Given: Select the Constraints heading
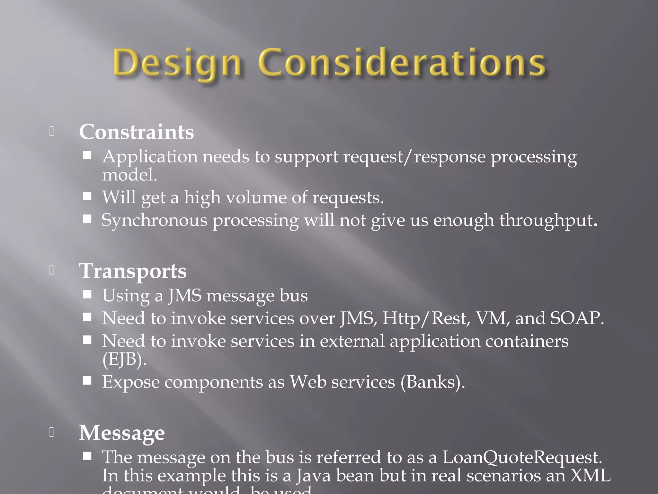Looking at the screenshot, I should click(137, 132).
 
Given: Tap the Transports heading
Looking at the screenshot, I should click(133, 271).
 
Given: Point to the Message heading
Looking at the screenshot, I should click(122, 433).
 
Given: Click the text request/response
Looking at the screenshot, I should click(414, 157).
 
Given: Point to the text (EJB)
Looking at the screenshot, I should click(124, 359).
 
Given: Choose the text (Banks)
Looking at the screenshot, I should click(433, 382).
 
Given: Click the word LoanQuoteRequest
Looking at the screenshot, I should click(522, 457).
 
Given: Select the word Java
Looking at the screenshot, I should click(313, 475).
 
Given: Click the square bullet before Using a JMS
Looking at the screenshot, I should click(87, 295).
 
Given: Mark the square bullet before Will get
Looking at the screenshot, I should click(87, 196).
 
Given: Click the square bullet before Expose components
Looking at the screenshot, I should click(87, 381).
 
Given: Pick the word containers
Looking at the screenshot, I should click(527, 341).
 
